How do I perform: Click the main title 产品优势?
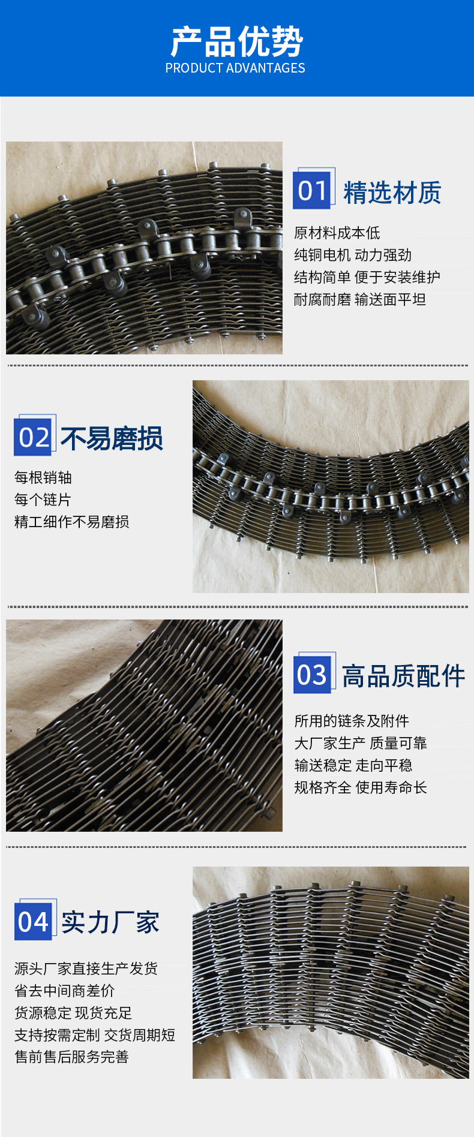[237, 41]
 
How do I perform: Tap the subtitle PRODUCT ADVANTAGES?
[235, 68]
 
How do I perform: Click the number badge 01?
[313, 189]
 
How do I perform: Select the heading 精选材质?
[392, 192]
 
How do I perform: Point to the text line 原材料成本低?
[337, 233]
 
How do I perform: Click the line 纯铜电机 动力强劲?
[353, 255]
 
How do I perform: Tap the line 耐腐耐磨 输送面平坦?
[360, 299]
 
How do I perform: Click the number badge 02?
[35, 435]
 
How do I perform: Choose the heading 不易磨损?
[112, 438]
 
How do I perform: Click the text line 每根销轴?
[43, 477]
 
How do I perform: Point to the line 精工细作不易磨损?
[72, 522]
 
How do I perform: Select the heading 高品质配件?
[403, 676]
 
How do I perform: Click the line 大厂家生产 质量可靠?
[361, 743]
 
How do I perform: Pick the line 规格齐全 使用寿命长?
[361, 787]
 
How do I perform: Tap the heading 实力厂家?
[110, 923]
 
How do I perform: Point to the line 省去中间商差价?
[65, 991]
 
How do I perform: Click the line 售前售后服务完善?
[72, 1057]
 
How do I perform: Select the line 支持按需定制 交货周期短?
[95, 1035]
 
